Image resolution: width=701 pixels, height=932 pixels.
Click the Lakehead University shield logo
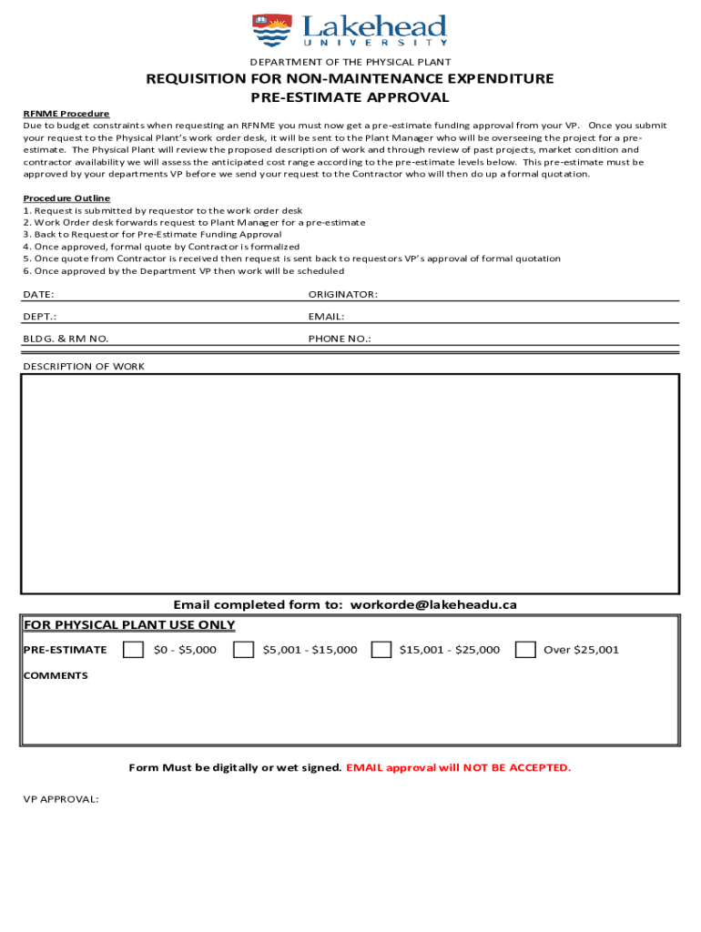[271, 30]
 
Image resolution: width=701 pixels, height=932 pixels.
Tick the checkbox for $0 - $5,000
[133, 650]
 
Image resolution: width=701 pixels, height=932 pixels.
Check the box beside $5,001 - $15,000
[243, 650]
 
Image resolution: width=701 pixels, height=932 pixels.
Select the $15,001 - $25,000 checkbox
[381, 650]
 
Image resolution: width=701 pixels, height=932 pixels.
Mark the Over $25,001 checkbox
[524, 650]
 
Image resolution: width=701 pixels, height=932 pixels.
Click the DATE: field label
[38, 295]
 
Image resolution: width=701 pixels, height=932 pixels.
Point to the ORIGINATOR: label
[342, 295]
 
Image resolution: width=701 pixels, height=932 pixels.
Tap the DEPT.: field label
[40, 317]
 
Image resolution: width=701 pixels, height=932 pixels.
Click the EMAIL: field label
[326, 317]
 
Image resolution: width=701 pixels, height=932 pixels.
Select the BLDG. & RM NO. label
[66, 339]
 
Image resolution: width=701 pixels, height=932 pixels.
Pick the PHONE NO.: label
[340, 339]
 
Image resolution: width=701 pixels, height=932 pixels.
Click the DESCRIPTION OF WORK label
[84, 367]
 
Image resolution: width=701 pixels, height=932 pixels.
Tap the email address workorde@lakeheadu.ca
[433, 604]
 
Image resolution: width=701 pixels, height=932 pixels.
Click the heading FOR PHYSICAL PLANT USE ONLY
[129, 625]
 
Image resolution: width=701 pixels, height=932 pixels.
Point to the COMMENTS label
[56, 675]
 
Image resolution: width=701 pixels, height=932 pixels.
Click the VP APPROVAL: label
[61, 799]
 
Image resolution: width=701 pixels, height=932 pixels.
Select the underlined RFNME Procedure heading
[66, 114]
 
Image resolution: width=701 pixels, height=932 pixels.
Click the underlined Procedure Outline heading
[66, 198]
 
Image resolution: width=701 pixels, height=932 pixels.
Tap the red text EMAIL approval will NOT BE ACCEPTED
[459, 768]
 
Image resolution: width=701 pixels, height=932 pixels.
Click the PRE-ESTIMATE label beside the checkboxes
[65, 650]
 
